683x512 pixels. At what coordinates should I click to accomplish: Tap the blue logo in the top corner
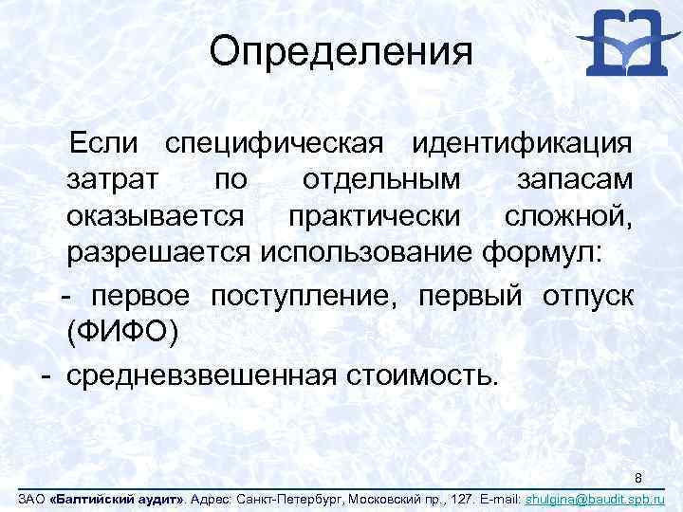(622, 43)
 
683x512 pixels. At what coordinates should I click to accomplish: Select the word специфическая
(274, 144)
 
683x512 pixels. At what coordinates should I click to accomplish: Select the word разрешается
(157, 252)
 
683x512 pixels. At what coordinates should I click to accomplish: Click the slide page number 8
(639, 476)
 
